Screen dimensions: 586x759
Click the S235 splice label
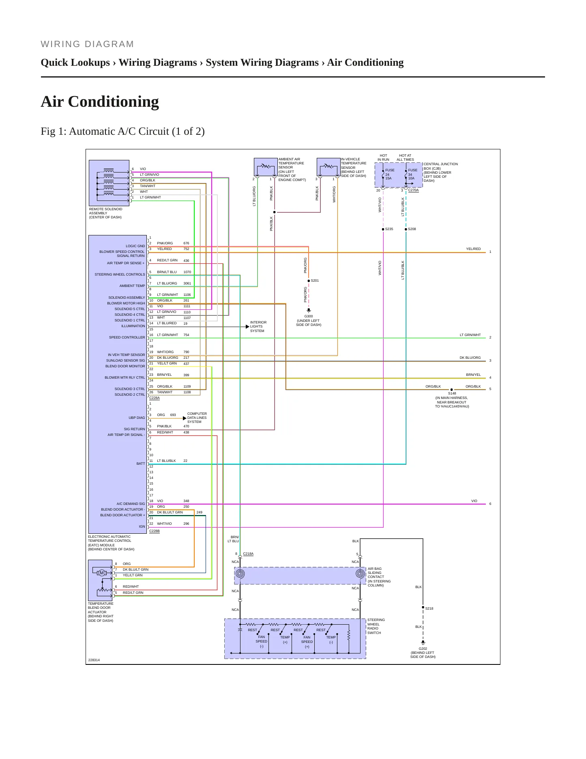click(x=389, y=229)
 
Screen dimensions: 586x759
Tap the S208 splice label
click(x=412, y=229)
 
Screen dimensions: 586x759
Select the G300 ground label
click(x=309, y=316)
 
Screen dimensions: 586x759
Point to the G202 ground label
click(x=423, y=649)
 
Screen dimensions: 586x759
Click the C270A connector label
click(x=413, y=190)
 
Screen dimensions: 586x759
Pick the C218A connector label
click(x=248, y=554)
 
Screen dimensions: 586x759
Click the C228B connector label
click(x=155, y=531)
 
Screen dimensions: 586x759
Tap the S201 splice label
click(x=315, y=280)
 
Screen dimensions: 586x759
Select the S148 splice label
click(x=452, y=393)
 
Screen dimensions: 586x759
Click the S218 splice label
click(x=429, y=608)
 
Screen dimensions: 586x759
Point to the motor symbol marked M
click(x=102, y=573)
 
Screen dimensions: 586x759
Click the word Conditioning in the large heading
click(x=114, y=101)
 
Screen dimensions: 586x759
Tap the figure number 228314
click(x=94, y=660)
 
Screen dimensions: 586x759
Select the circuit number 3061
click(x=187, y=283)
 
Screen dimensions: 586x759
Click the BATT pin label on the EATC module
click(x=141, y=464)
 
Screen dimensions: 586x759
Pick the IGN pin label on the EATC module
click(x=142, y=526)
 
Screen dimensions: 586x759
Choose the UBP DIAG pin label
click(x=137, y=418)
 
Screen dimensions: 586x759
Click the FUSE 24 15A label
click(x=389, y=174)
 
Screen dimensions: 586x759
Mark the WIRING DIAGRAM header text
click(x=87, y=44)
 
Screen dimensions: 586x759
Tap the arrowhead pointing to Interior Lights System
click(x=248, y=327)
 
